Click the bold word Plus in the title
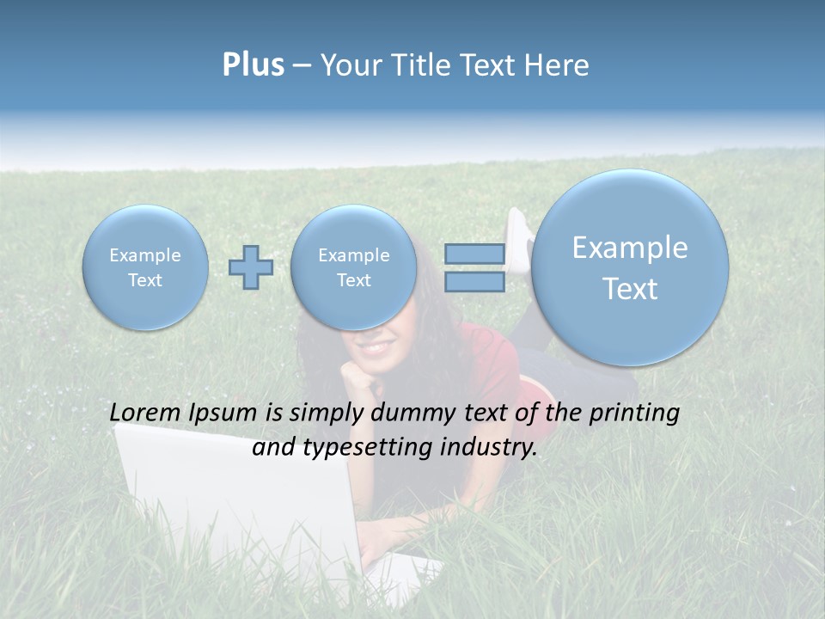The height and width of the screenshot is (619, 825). (x=253, y=65)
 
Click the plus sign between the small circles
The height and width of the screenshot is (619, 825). (x=251, y=267)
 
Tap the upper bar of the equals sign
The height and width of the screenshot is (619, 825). (x=474, y=254)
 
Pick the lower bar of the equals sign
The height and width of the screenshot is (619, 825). (x=474, y=282)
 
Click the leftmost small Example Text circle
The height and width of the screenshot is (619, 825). (x=145, y=267)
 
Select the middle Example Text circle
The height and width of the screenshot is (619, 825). (x=353, y=267)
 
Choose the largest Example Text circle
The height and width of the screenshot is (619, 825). (x=630, y=267)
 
